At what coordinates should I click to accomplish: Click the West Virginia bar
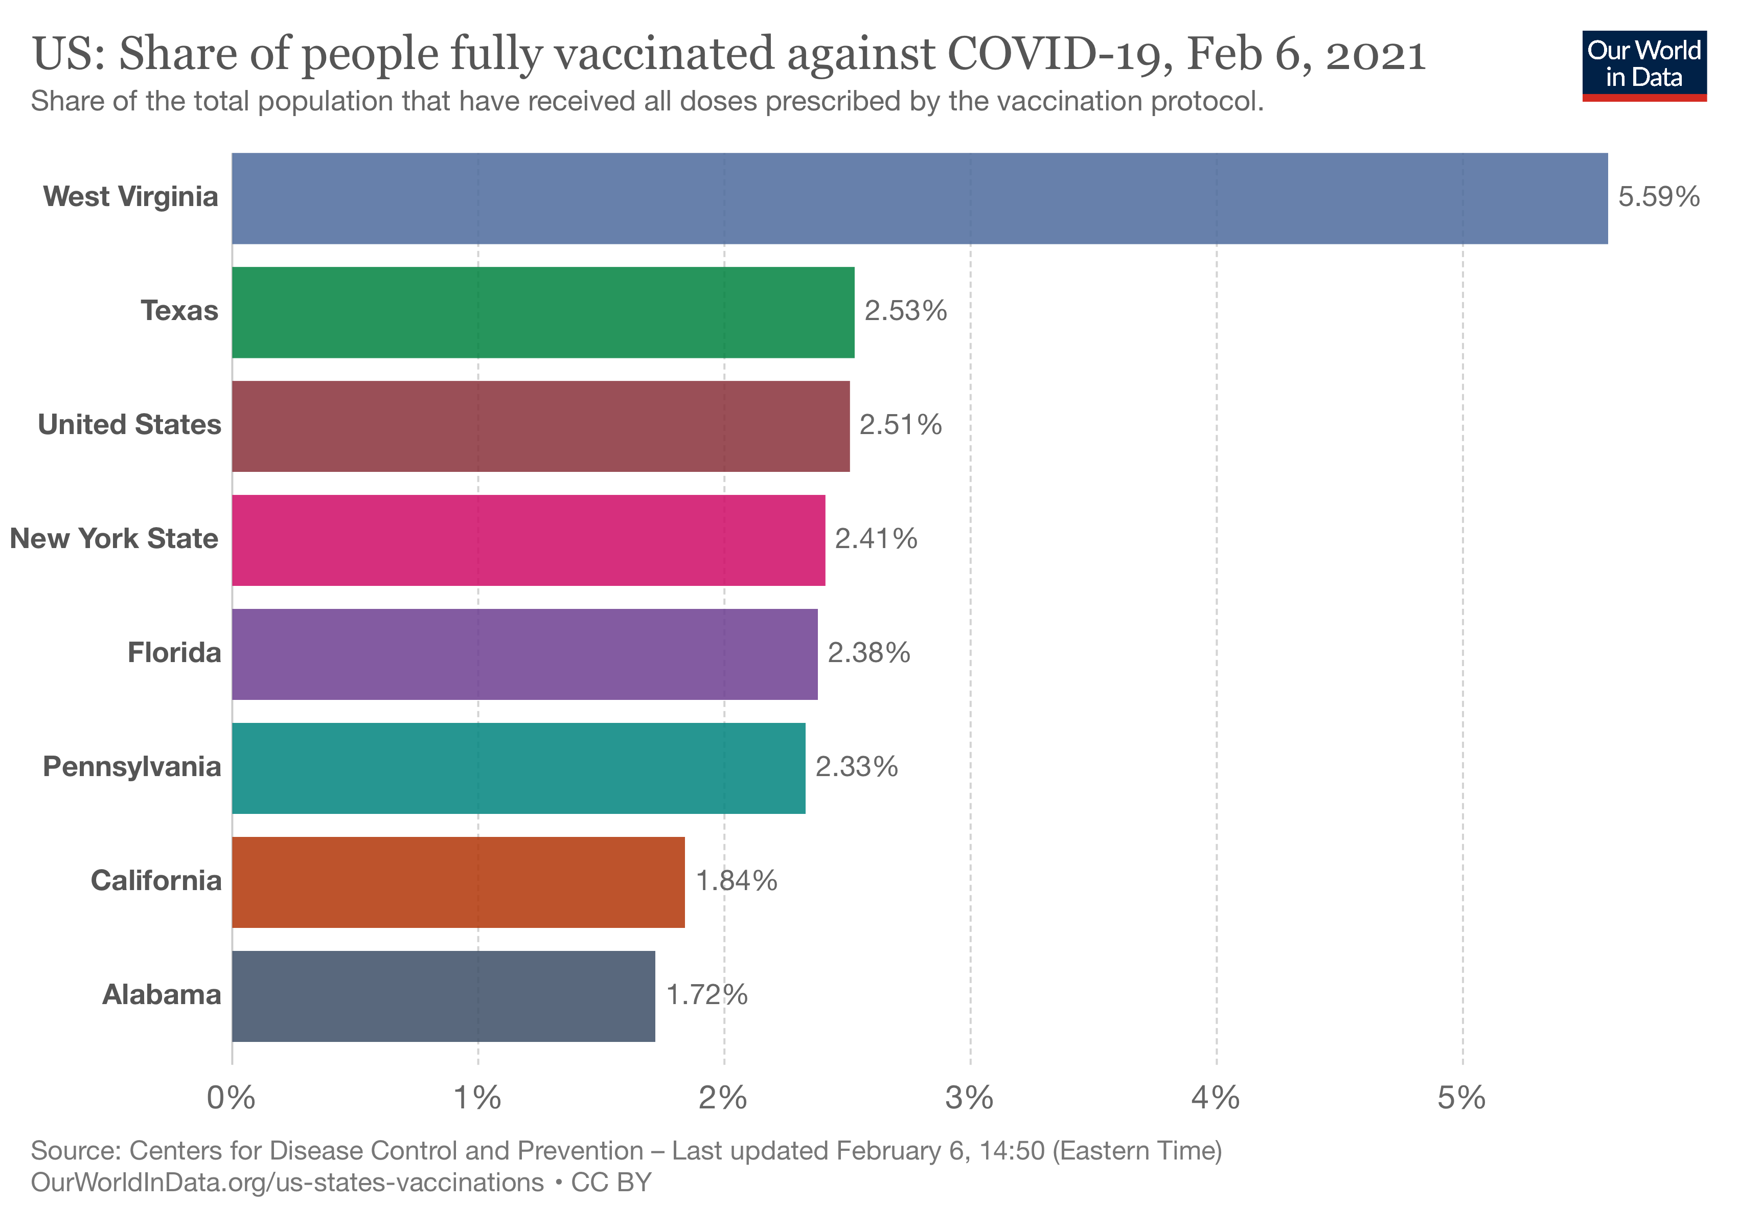(919, 198)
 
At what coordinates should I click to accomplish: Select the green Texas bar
(543, 312)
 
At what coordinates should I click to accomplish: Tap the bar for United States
(540, 426)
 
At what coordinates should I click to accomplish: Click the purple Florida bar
(524, 654)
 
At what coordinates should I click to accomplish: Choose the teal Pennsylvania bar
(518, 768)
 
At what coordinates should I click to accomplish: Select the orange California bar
(458, 882)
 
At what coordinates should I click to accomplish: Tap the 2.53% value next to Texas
(905, 311)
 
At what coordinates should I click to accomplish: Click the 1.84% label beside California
(736, 881)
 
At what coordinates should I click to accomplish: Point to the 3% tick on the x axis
(970, 1098)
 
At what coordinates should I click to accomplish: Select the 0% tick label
(232, 1098)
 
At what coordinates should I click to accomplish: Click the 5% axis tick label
(1461, 1098)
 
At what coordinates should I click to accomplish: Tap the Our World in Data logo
(1644, 65)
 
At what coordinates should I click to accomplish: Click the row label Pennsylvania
(132, 767)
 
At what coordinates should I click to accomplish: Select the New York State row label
(115, 539)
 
